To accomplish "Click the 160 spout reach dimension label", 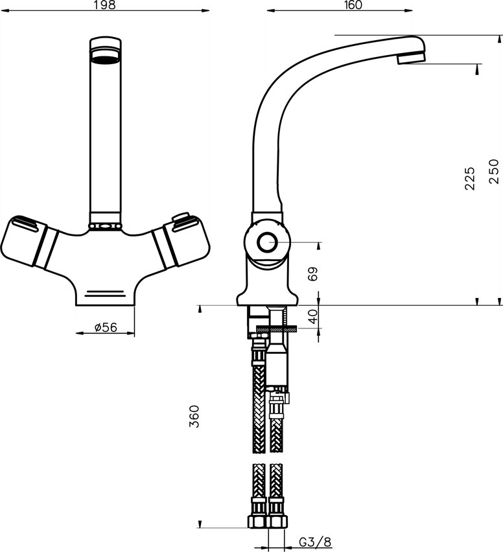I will (353, 5).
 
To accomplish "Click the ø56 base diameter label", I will (105, 328).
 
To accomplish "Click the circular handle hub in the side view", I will (267, 244).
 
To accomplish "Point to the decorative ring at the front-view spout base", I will (104, 226).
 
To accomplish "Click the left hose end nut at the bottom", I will (258, 522).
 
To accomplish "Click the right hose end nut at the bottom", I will (277, 522).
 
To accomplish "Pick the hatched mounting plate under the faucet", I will (276, 329).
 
